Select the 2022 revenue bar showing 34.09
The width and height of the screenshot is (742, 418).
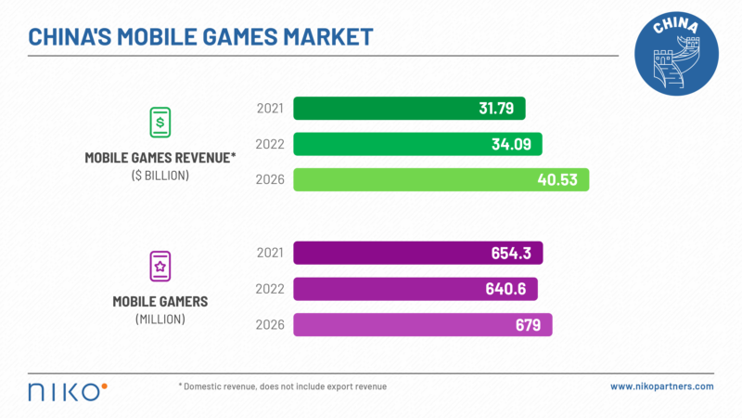[x=417, y=144]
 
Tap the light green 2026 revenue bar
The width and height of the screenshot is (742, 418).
[x=441, y=179]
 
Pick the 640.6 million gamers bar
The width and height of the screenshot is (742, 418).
[x=415, y=289]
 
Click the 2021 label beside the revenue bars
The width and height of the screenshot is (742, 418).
[x=270, y=109]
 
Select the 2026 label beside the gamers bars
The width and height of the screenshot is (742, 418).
[x=270, y=324]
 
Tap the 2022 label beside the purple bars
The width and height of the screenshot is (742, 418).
[x=270, y=289]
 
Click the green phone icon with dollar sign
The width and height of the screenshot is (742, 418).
[x=160, y=122]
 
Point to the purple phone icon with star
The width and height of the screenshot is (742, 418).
[x=160, y=267]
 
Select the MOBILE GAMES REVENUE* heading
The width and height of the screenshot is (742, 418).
[x=160, y=157]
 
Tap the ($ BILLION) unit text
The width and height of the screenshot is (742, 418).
[x=160, y=175]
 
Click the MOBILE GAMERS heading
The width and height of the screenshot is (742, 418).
[x=160, y=302]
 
